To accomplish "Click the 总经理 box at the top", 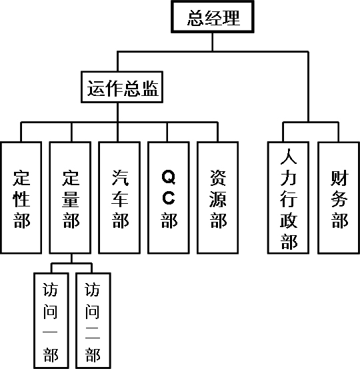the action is pyautogui.click(x=212, y=17).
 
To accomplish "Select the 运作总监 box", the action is pyautogui.click(x=122, y=87).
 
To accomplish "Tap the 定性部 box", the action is pyautogui.click(x=21, y=198).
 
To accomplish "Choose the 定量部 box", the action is pyautogui.click(x=70, y=198).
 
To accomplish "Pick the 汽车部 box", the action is pyautogui.click(x=119, y=198).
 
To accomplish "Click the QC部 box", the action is pyautogui.click(x=169, y=198).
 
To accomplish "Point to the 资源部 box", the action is pyautogui.click(x=218, y=198).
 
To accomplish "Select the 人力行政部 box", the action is pyautogui.click(x=288, y=198).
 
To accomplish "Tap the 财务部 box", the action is pyautogui.click(x=339, y=198).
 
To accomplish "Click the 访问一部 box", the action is pyautogui.click(x=51, y=320).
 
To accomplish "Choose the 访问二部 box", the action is pyautogui.click(x=93, y=320).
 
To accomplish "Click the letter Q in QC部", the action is pyautogui.click(x=169, y=177).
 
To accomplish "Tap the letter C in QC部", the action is pyautogui.click(x=169, y=198).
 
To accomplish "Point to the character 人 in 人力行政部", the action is pyautogui.click(x=289, y=157).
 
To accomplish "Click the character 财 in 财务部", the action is pyautogui.click(x=339, y=178).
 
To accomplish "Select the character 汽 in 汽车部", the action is pyautogui.click(x=120, y=178).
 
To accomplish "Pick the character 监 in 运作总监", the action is pyautogui.click(x=150, y=88).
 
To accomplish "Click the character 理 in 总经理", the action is pyautogui.click(x=231, y=18).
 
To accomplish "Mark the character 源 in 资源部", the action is pyautogui.click(x=218, y=199).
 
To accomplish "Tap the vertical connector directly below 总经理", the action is pyautogui.click(x=212, y=42).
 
